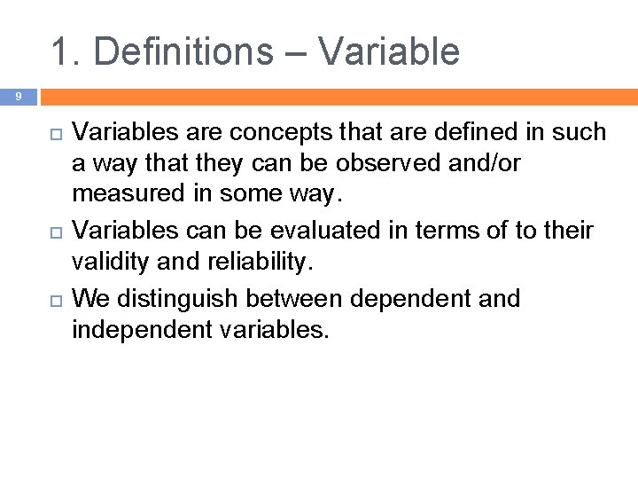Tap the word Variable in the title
click(389, 51)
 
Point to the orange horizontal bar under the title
click(337, 96)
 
